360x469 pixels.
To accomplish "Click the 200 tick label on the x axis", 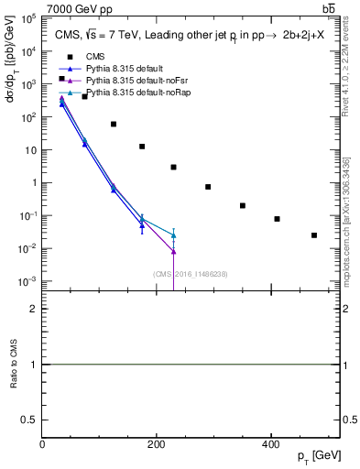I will point(157,443).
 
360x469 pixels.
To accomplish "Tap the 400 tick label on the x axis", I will point(271,443).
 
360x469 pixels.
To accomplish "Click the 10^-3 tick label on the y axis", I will point(27,281).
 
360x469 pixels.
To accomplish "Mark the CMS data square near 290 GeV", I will point(208,187).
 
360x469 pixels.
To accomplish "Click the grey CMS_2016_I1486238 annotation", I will point(191,273).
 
